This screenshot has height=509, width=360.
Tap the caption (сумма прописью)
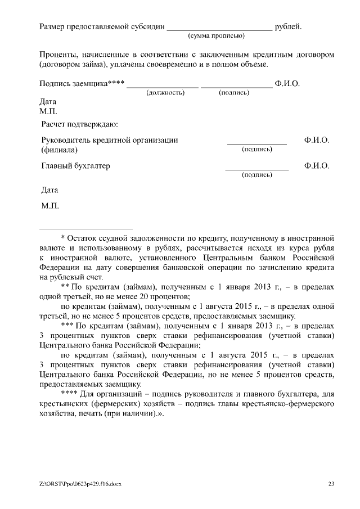215,35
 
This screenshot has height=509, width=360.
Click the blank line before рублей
219,28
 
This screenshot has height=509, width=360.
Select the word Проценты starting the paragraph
57,55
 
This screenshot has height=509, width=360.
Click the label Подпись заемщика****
82,84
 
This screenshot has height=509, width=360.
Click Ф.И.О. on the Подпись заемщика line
287,84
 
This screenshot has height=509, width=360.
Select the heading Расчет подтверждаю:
79,123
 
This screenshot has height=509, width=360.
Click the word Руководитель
66,140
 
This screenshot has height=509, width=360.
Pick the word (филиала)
60,150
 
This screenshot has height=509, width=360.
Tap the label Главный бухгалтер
76,166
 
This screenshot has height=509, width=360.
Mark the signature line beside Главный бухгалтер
256,169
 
